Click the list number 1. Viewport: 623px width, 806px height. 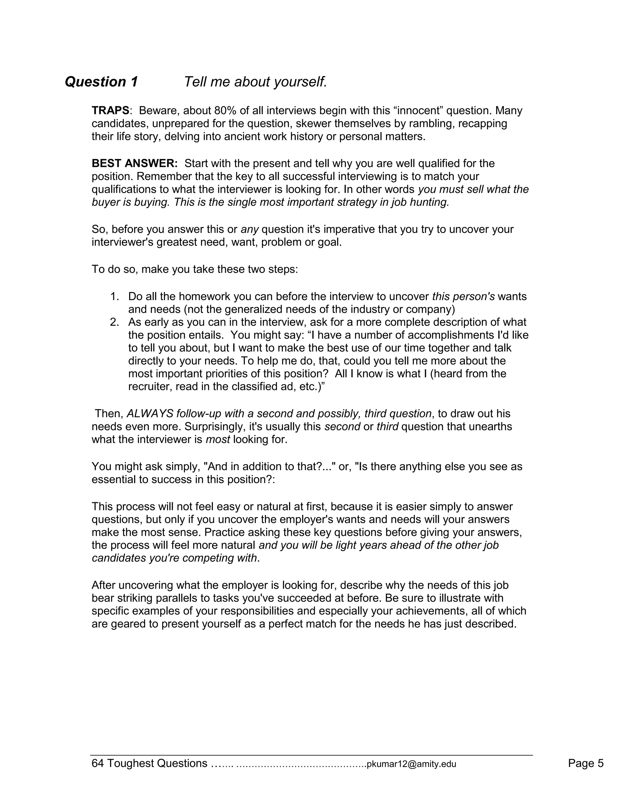115,296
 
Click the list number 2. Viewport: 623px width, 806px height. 115,322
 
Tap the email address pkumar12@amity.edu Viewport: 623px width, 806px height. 411,764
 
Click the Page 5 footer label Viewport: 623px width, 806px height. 585,763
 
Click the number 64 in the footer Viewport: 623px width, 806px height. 98,763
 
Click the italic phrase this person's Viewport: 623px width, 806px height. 463,296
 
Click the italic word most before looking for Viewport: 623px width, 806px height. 218,439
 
